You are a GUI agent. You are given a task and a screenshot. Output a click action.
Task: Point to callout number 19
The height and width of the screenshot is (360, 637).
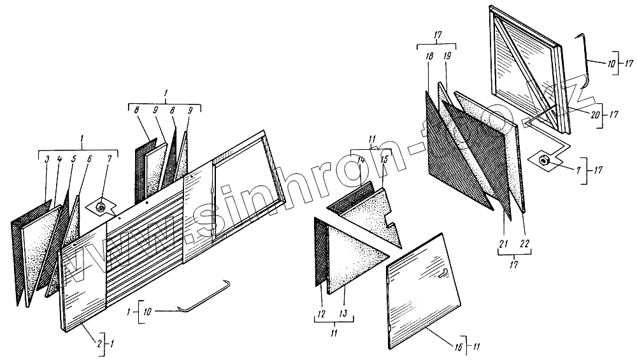point(447,57)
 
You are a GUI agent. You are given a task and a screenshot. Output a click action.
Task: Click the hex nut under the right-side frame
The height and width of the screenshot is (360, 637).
point(546,161)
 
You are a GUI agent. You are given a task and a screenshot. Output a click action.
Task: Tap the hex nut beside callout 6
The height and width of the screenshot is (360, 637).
point(101,206)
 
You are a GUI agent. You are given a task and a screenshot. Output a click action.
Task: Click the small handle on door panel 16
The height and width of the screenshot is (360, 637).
point(442,274)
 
